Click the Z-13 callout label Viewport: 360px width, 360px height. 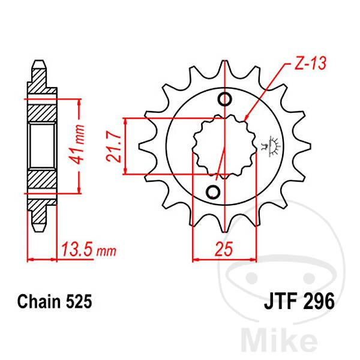310,63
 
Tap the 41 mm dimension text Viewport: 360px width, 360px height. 77,145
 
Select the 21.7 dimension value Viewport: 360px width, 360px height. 113,146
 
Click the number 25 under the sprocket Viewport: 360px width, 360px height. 224,248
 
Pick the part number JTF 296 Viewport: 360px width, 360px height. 299,301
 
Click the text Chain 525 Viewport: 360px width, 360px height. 55,301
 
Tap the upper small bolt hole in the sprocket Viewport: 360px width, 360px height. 225,100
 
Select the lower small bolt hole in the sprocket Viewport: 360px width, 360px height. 213,191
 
